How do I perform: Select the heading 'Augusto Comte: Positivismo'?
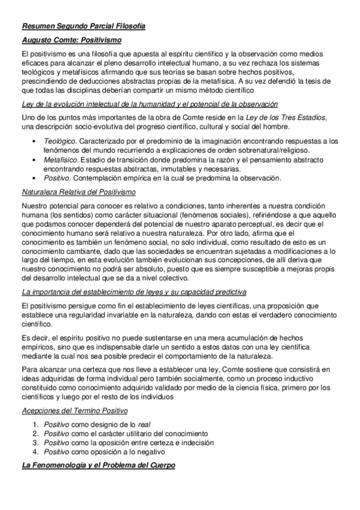pyautogui.click(x=71, y=40)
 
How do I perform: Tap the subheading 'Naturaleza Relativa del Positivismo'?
pyautogui.click(x=78, y=192)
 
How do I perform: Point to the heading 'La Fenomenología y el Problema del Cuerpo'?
pyautogui.click(x=98, y=465)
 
